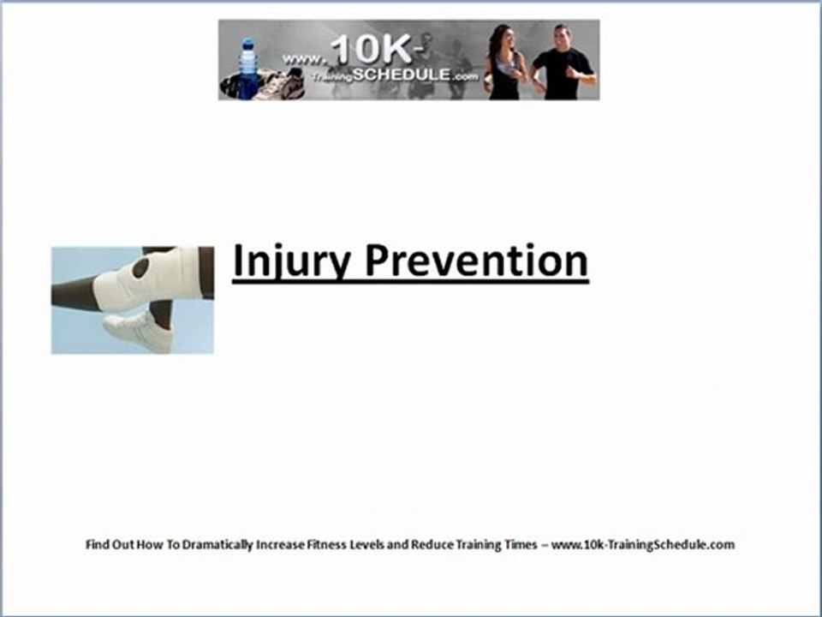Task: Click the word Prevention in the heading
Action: coord(477,260)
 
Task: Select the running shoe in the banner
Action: coord(278,84)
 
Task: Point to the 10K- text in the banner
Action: coord(377,50)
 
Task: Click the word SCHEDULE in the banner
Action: coord(401,75)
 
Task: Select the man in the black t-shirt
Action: coord(563,63)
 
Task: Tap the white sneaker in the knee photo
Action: coord(139,332)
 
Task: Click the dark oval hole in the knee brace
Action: coord(141,268)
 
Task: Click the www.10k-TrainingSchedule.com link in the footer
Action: coord(643,545)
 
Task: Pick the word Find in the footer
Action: coord(98,544)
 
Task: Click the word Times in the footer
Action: coord(521,544)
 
